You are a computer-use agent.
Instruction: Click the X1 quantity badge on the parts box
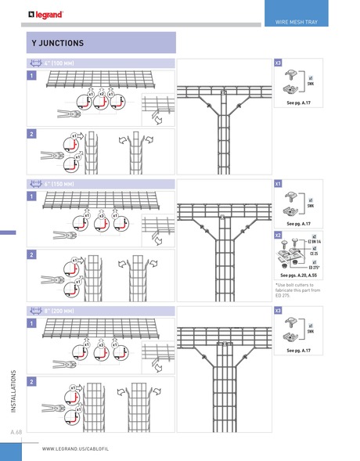tap(278, 183)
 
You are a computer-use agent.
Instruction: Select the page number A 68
tap(16, 432)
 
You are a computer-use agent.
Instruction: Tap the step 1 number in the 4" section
tap(31, 76)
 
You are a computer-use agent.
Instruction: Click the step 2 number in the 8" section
tap(31, 380)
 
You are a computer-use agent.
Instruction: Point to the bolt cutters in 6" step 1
tap(59, 233)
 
